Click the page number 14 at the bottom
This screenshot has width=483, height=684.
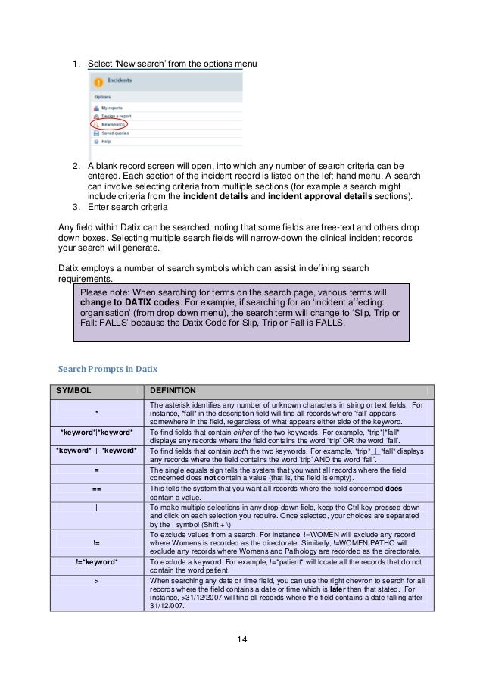241,641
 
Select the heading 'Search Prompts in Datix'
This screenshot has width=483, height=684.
108,370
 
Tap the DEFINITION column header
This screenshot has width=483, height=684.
173,390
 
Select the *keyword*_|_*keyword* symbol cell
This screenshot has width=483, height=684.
96,451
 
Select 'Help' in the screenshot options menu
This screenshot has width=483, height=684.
107,142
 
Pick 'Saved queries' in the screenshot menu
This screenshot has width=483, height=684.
115,133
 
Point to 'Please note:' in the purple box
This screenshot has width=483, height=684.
104,290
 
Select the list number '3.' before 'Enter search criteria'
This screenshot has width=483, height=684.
76,207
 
